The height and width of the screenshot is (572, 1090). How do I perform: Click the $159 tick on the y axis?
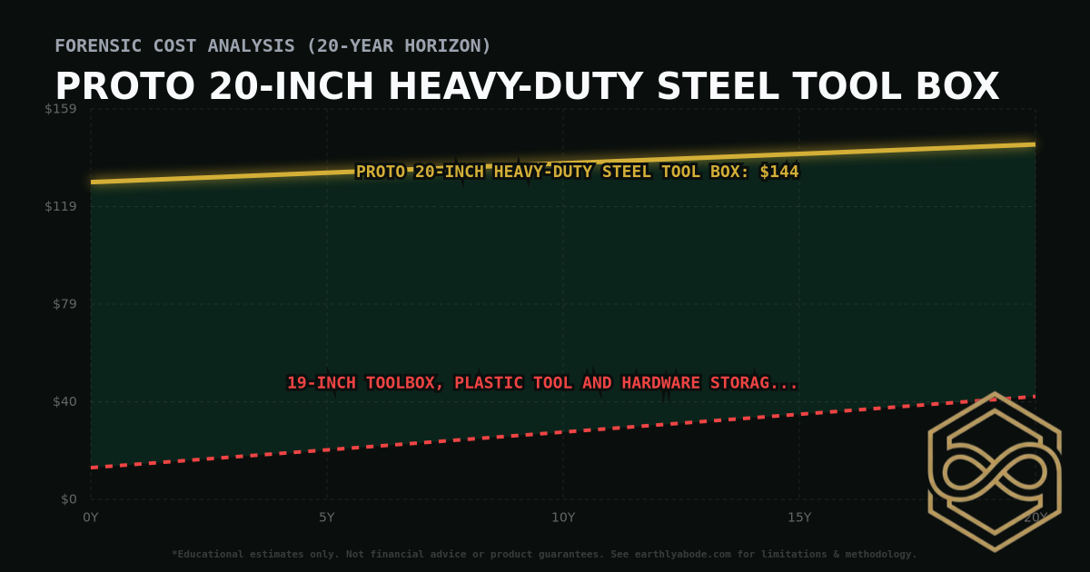(61, 109)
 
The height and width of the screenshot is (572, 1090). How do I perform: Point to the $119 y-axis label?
(61, 206)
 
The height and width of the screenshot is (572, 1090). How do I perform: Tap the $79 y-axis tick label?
(64, 303)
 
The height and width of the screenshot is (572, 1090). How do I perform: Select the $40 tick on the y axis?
(64, 401)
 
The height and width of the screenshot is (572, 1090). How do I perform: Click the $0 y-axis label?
(68, 498)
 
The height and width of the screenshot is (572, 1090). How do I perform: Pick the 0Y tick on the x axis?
(91, 518)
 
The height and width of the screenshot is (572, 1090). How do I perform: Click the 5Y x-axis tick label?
(327, 518)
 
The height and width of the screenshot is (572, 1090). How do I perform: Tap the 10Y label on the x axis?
(563, 518)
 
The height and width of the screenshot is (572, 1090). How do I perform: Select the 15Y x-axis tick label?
(799, 518)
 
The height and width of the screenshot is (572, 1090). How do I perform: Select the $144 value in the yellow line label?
(779, 172)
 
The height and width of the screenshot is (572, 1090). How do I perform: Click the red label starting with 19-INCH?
(542, 383)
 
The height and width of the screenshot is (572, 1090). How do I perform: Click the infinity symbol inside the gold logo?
(994, 472)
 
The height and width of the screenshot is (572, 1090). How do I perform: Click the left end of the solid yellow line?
(92, 182)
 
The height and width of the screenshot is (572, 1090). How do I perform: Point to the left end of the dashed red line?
(92, 468)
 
